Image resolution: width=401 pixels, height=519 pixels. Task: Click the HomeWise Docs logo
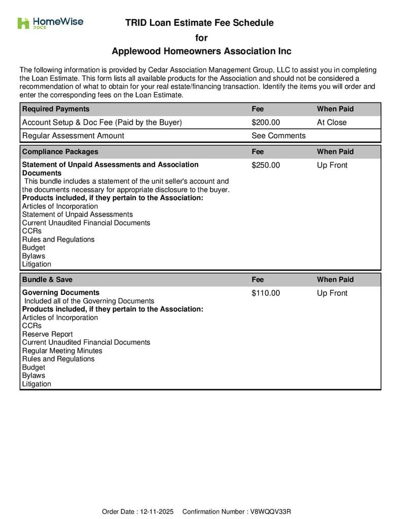[x=50, y=23]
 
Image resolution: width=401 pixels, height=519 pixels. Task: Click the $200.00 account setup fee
[x=266, y=123]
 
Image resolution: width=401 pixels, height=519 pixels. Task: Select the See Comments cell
[x=278, y=136]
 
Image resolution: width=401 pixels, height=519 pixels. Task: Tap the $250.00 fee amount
[x=266, y=165]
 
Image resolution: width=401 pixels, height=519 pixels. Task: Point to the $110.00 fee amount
[x=266, y=293]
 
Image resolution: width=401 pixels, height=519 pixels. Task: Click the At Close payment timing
[x=332, y=123]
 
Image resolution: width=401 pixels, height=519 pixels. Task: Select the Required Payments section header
[x=56, y=109]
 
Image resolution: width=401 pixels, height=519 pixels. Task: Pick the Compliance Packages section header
[x=60, y=152]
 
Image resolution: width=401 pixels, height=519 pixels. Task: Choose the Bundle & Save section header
[x=47, y=279]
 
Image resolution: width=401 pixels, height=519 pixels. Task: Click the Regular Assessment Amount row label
[x=73, y=136]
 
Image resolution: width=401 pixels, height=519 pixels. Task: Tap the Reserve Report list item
[x=47, y=334]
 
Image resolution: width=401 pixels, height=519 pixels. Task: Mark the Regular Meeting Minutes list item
[x=62, y=351]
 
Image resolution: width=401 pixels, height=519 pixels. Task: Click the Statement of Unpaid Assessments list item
[x=77, y=214]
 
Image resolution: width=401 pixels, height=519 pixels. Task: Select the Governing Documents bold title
[x=61, y=292]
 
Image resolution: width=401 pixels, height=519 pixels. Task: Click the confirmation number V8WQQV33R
[x=271, y=512]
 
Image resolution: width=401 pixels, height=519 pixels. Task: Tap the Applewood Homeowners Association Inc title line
[x=201, y=52]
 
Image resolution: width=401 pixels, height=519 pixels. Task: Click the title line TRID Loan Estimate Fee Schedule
[x=199, y=23]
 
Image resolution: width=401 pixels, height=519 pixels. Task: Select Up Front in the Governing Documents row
[x=332, y=293]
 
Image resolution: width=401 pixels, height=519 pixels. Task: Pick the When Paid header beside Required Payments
[x=335, y=109]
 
